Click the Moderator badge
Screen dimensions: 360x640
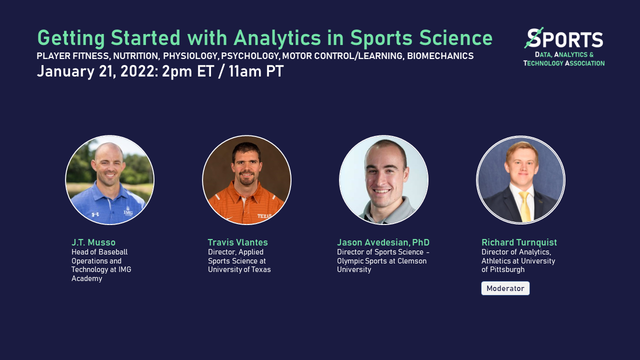(505, 288)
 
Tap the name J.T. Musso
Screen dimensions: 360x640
(93, 242)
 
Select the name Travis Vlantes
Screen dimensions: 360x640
(238, 242)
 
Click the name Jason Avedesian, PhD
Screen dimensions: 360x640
(383, 242)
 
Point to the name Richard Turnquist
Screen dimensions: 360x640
(519, 242)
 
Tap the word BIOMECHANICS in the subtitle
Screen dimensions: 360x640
(440, 56)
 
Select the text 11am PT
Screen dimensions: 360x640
(256, 71)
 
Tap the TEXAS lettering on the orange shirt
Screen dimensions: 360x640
(265, 216)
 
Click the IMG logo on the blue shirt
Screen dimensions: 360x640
(128, 212)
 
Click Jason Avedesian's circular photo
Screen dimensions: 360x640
(383, 180)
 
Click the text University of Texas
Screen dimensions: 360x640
(239, 269)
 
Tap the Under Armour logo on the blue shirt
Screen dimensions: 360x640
(95, 214)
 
